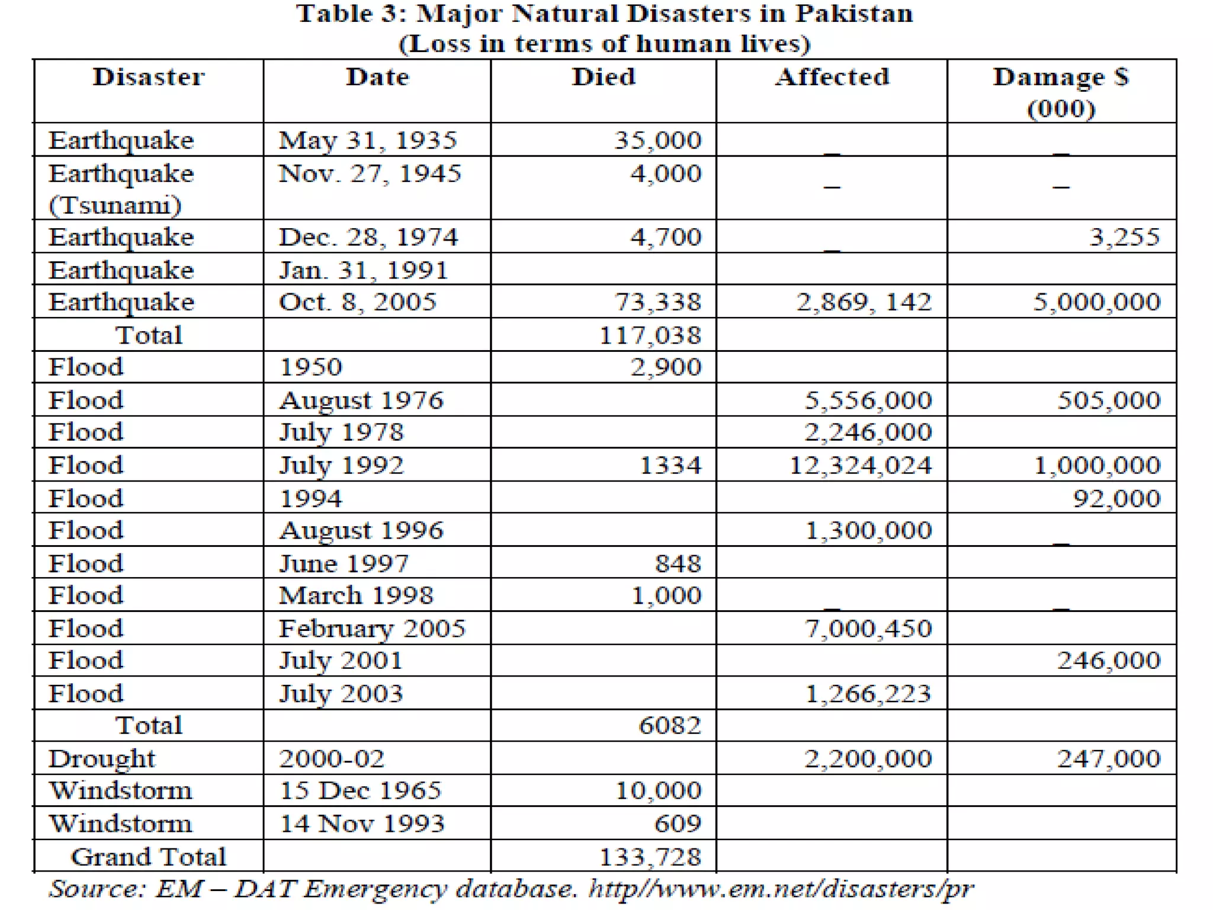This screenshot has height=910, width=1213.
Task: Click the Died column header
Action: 604,78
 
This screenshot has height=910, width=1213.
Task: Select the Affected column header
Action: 832,78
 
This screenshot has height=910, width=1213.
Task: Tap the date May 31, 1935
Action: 368,140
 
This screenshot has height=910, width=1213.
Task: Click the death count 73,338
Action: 657,302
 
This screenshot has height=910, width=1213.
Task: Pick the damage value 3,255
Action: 1124,238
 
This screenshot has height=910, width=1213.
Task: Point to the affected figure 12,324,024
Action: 861,466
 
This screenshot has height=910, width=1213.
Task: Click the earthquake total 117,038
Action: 650,336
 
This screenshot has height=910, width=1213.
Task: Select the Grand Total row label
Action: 148,857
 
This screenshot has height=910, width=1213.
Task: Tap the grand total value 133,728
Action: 650,857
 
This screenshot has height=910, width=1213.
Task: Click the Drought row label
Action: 102,759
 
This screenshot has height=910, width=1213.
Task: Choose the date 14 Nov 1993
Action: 362,824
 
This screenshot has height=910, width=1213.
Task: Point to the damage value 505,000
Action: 1109,400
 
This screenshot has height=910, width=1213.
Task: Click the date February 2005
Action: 372,629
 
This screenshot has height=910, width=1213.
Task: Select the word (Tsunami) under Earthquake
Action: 115,206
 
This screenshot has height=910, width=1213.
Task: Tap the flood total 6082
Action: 670,726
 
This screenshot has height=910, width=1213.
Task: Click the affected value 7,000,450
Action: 868,629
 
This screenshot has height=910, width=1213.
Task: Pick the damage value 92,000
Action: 1116,499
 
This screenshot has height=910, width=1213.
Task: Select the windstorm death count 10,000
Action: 658,791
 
